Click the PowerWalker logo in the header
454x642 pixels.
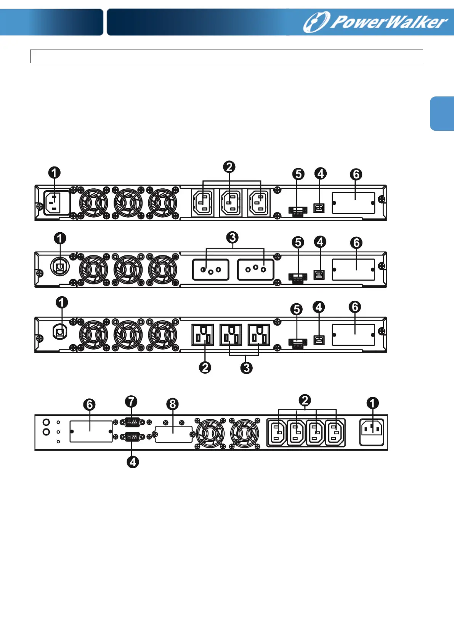click(x=375, y=22)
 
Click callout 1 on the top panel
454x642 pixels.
click(x=54, y=173)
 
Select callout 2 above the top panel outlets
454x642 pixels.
click(x=229, y=167)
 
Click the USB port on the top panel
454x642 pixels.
click(x=319, y=208)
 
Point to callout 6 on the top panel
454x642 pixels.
click(x=356, y=174)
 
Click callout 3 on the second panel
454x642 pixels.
click(x=232, y=238)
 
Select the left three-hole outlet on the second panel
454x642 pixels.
click(x=210, y=270)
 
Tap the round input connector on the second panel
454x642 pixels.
click(x=59, y=267)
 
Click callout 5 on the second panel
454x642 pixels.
click(x=298, y=242)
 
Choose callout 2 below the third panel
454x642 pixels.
click(x=205, y=368)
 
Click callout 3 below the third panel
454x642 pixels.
click(x=247, y=368)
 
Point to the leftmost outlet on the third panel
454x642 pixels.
click(x=202, y=335)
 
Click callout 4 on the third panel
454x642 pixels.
click(x=319, y=307)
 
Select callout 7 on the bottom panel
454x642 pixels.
click(x=131, y=401)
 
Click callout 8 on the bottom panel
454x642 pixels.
click(x=173, y=404)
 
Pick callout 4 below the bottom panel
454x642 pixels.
click(x=133, y=462)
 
